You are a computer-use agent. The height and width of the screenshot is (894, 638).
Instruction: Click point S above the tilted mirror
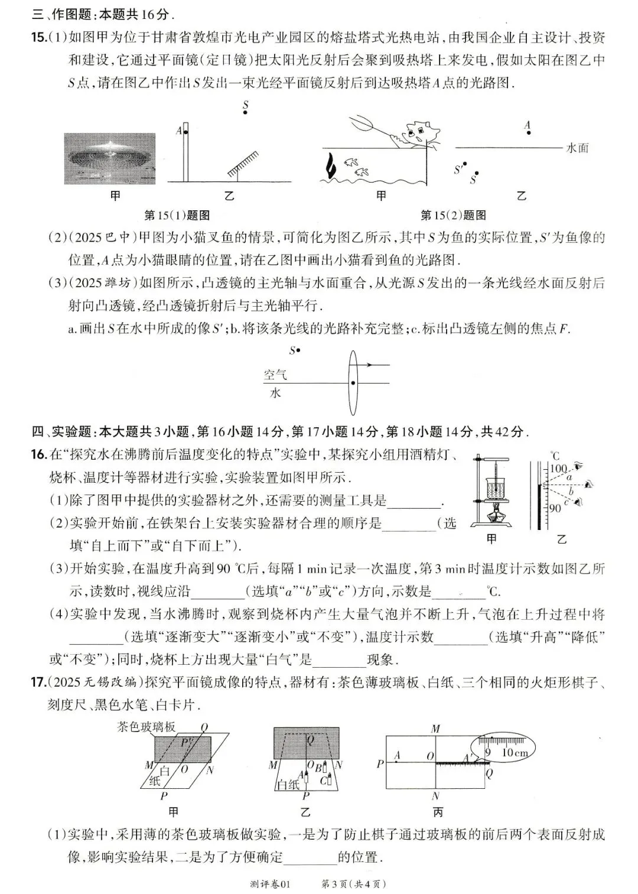(x=245, y=114)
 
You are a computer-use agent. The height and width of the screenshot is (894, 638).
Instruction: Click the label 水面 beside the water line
(x=577, y=148)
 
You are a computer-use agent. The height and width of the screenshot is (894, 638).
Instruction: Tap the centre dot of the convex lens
(x=353, y=383)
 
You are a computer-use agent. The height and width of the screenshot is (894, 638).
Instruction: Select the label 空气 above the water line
(x=275, y=375)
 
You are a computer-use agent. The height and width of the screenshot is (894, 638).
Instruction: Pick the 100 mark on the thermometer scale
(x=558, y=468)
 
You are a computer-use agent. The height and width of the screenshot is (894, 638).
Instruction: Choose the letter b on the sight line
(x=570, y=491)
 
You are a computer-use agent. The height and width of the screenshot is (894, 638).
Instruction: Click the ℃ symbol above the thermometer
(x=554, y=456)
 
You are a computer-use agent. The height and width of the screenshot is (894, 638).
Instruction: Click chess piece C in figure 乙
(x=324, y=780)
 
